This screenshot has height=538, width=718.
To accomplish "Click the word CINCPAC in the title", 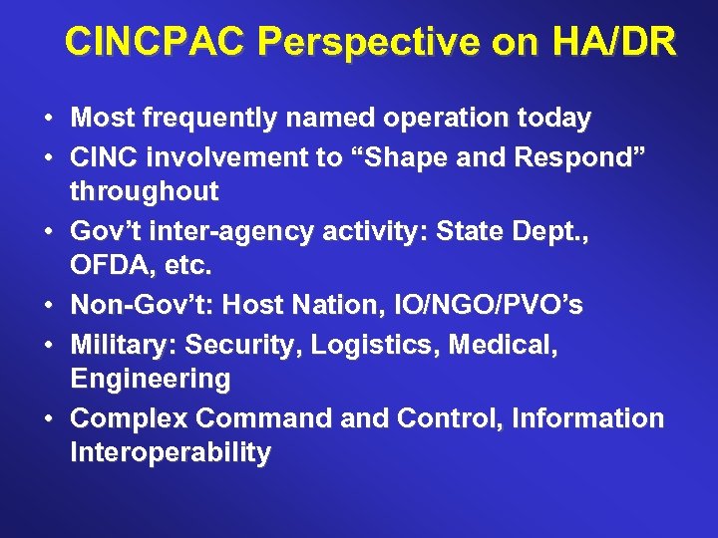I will tap(154, 43).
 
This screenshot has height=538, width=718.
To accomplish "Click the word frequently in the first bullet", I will tap(204, 119).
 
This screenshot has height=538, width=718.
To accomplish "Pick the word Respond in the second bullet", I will tap(542, 156).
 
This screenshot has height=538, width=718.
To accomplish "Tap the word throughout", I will tap(144, 191).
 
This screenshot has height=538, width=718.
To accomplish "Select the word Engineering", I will tap(150, 380).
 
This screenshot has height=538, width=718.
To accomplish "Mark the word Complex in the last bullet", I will tap(130, 418).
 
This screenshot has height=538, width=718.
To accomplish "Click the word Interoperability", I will tap(170, 454).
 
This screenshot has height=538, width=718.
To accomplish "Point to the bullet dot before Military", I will tap(48, 344).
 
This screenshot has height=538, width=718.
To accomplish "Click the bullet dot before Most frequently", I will tap(48, 119).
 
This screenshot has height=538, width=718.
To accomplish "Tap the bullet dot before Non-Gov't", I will tap(48, 306).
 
